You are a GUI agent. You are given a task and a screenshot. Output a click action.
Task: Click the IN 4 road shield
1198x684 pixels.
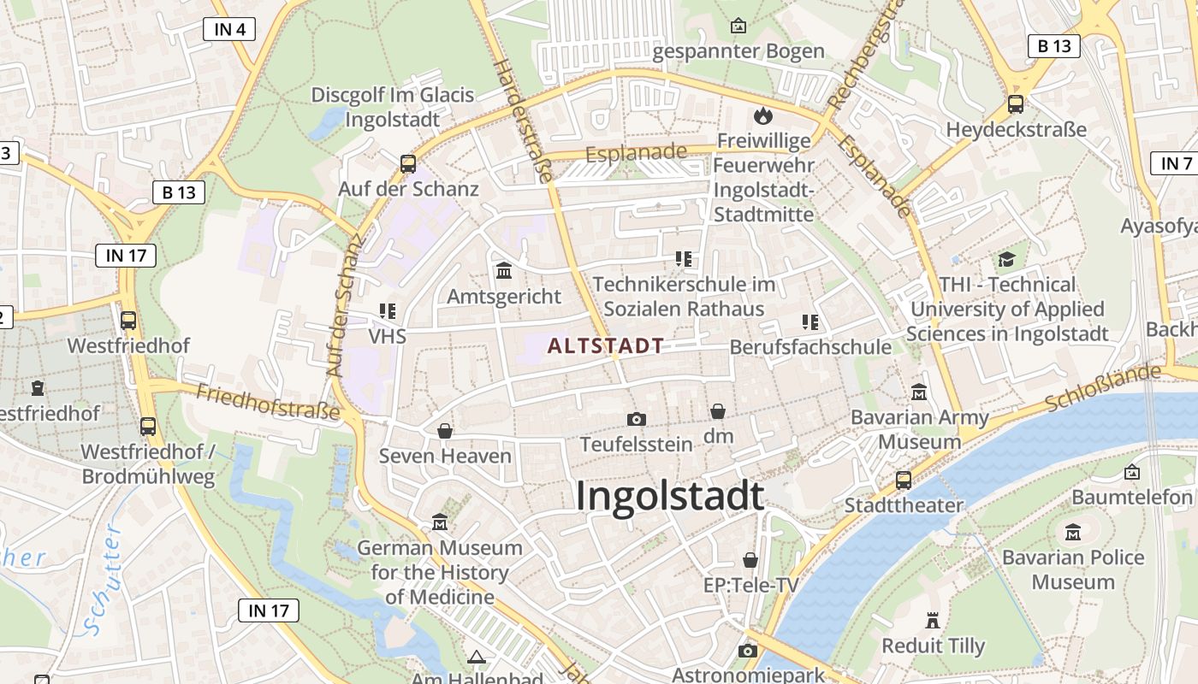tap(230, 29)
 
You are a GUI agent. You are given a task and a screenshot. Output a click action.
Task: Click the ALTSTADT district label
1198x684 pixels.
tap(606, 346)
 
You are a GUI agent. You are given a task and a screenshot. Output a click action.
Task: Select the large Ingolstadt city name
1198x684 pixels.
tap(669, 496)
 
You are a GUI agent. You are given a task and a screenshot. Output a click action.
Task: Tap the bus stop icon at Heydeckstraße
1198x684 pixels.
tap(1016, 104)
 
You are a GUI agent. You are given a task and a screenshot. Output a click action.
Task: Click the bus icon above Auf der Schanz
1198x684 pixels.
tap(408, 163)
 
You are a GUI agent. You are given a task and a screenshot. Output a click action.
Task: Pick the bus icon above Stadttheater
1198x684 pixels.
tap(904, 480)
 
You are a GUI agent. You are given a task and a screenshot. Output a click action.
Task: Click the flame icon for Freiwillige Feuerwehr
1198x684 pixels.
tap(762, 115)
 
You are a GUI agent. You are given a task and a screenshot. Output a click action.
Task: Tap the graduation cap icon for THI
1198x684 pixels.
tap(1006, 259)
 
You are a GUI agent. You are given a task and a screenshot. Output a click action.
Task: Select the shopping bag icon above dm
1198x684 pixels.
tap(718, 411)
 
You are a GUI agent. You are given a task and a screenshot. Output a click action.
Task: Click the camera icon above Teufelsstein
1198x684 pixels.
tap(636, 419)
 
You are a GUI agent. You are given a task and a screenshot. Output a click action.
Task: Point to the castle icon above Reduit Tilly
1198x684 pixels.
tap(933, 621)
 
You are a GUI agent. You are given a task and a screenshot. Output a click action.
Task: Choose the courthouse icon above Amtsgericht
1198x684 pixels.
tap(504, 271)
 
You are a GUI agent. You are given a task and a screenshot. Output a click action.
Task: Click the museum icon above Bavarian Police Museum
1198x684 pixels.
tap(1073, 533)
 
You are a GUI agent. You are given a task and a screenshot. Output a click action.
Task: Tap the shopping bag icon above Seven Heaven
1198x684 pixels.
tap(445, 431)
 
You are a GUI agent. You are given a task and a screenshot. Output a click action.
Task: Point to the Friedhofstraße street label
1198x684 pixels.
tap(268, 402)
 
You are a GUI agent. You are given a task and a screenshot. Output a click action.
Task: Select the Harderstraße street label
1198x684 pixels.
tap(523, 120)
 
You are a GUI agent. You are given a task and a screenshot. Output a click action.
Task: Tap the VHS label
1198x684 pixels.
tap(387, 336)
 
